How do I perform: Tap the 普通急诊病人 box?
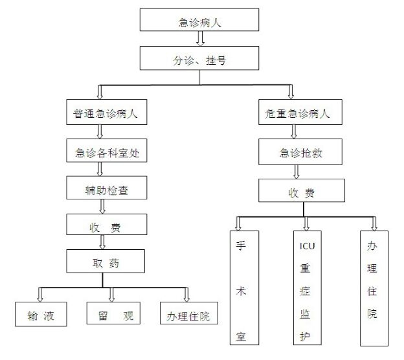tap(105, 113)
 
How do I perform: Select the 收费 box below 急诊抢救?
tap(302, 191)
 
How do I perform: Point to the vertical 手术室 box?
tap(243, 288)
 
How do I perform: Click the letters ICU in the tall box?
tap(306, 245)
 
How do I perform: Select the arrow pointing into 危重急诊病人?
tap(291, 91)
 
